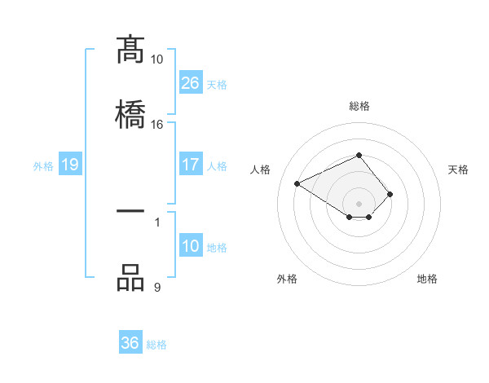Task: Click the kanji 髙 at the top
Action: [130, 51]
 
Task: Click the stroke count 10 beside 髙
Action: [156, 59]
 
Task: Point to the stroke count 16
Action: [156, 124]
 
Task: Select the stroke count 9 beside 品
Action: [156, 287]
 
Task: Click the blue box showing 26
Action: [191, 83]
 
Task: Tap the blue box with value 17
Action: [191, 165]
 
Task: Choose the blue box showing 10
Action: [191, 246]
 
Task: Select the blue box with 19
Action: [70, 165]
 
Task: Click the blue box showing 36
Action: [130, 343]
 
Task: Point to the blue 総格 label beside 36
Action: [157, 345]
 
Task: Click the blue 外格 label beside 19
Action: [43, 166]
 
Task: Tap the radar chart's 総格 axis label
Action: [359, 106]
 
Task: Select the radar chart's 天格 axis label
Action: [458, 169]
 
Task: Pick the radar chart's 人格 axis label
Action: [261, 169]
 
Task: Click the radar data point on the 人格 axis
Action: [298, 183]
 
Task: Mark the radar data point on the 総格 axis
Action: [359, 155]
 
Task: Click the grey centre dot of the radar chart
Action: [359, 203]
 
